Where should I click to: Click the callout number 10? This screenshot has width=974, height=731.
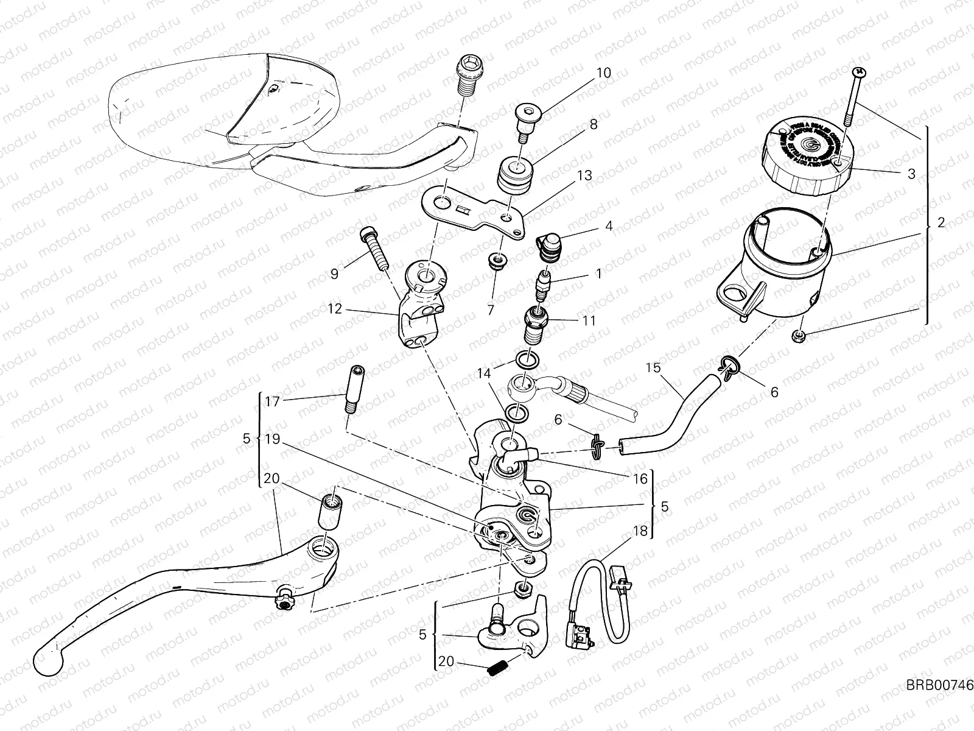603,73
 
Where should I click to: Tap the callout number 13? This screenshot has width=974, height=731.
584,175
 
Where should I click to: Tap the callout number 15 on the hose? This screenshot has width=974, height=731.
653,368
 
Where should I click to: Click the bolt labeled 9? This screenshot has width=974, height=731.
374,249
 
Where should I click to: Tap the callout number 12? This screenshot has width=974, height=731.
335,309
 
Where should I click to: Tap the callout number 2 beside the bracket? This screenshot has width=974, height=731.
941,223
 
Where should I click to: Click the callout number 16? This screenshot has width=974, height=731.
640,479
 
